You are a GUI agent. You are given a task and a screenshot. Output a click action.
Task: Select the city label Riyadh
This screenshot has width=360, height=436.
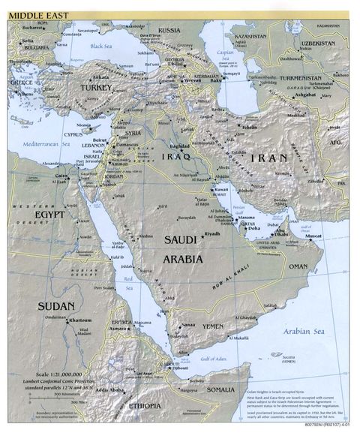[212, 233]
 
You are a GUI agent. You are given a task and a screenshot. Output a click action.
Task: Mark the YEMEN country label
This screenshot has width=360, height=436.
[213, 327]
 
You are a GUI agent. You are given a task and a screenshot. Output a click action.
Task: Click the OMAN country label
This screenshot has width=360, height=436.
[298, 266]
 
